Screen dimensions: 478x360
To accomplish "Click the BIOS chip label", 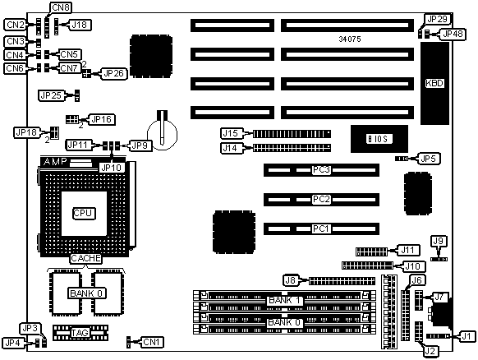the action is (379, 139).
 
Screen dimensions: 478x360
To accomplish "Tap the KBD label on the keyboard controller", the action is (434, 83).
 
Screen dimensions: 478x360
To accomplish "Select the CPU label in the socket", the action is (84, 213).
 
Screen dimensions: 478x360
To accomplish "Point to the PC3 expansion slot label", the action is (321, 169).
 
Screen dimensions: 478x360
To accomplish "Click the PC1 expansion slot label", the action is (321, 228).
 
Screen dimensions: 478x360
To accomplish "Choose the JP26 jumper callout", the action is (113, 73).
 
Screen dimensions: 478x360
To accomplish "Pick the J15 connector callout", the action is (231, 133).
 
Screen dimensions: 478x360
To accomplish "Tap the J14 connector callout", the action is (231, 148).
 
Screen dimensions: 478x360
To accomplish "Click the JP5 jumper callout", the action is (428, 159).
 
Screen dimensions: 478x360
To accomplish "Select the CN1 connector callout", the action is (151, 342).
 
